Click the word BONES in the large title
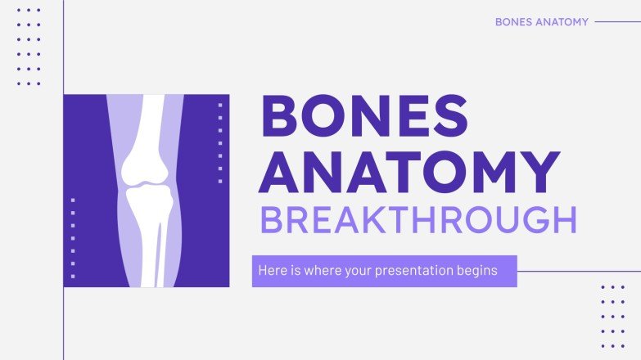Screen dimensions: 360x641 [x=363, y=116]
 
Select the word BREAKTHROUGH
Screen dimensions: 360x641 [x=418, y=221]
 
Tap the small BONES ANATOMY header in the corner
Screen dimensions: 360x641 [x=541, y=22]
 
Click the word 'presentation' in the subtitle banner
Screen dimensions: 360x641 [x=413, y=270]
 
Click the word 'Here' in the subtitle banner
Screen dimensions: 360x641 [x=271, y=270]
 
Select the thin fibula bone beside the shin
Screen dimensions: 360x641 [x=165, y=245]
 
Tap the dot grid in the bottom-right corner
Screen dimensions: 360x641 [x=612, y=317]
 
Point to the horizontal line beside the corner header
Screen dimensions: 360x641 [x=617, y=22]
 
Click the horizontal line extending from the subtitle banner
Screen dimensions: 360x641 [x=578, y=271]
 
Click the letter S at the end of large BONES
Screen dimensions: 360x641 [x=449, y=116]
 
